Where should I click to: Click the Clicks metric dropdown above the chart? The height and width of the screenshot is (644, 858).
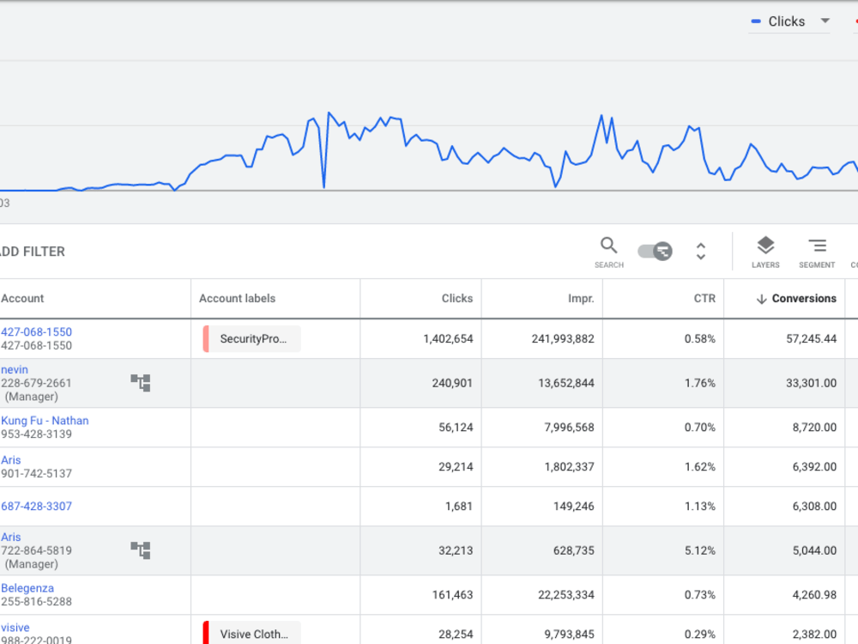[x=789, y=21]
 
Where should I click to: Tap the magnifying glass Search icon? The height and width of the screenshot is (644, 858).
[x=608, y=246]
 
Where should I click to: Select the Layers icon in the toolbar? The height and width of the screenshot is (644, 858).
[x=765, y=246]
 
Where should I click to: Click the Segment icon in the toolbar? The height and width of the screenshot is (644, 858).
[x=817, y=246]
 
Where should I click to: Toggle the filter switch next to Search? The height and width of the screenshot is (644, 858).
[x=655, y=252]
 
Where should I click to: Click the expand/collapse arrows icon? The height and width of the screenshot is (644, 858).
[x=700, y=252]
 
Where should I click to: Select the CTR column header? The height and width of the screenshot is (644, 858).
[x=704, y=299]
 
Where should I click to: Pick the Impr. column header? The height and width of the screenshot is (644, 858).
[x=581, y=299]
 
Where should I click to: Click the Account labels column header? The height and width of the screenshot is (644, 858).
[x=237, y=299]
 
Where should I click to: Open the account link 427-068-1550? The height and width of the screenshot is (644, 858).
[x=36, y=331]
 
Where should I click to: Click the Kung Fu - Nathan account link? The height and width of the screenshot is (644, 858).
[x=45, y=421]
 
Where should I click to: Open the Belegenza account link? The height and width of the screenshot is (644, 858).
[x=27, y=588]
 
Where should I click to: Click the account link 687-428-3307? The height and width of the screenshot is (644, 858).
[x=36, y=506]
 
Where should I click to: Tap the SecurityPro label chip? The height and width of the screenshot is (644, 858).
[x=251, y=339]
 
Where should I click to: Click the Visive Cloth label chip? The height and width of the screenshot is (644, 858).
[x=251, y=633]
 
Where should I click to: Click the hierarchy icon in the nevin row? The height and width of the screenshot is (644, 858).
[x=141, y=383]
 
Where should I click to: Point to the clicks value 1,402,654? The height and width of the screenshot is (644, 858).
[x=448, y=339]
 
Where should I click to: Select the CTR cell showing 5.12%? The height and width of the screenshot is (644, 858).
[x=700, y=550]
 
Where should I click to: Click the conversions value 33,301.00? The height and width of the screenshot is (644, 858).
[x=811, y=383]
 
